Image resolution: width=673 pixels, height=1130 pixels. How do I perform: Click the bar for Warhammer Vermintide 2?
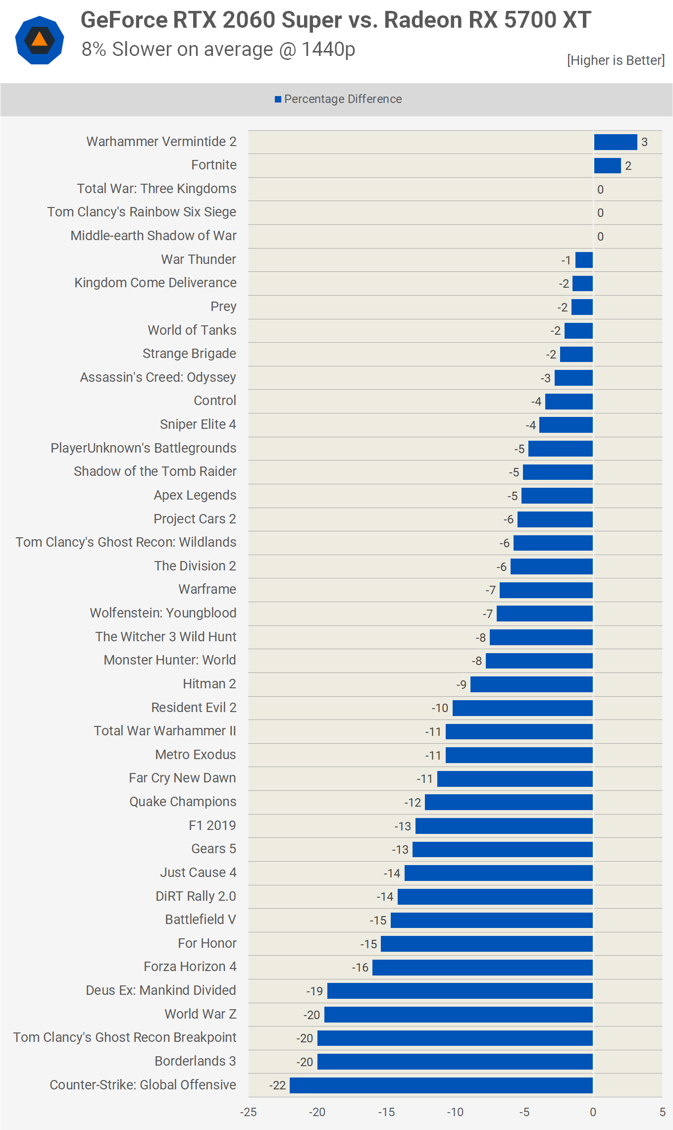(615, 142)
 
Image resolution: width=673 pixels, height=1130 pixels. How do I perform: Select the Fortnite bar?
(607, 166)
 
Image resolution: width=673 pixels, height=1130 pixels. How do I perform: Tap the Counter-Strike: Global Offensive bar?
(441, 1085)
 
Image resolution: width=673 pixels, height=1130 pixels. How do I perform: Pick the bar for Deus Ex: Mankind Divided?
(460, 991)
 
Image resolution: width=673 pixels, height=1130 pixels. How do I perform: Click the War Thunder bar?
(584, 260)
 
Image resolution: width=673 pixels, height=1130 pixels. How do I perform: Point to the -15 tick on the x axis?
(386, 1112)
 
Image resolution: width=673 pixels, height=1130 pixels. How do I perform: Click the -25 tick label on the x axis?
(248, 1112)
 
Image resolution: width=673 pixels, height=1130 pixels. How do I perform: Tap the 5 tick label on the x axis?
(662, 1112)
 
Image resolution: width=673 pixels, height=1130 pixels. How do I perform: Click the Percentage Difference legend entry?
(338, 99)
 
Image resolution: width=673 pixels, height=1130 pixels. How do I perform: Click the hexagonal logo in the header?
(40, 40)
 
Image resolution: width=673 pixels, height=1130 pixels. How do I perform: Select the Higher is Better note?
(616, 60)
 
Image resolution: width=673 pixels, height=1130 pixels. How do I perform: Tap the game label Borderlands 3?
(195, 1061)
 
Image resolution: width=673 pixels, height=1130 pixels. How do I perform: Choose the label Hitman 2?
(209, 684)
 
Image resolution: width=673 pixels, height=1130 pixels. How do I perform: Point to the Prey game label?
(223, 307)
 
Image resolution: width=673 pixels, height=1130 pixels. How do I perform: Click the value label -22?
(278, 1085)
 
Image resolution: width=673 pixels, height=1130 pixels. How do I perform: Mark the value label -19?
(314, 991)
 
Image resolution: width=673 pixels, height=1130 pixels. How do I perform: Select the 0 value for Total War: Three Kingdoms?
(600, 190)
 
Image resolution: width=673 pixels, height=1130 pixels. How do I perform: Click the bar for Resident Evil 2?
(522, 708)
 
